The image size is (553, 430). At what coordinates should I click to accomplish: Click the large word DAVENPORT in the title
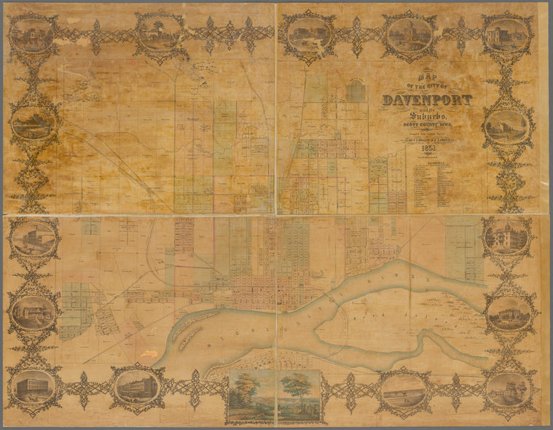click(x=427, y=100)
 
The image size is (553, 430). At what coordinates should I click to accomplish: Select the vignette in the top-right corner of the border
click(x=506, y=34)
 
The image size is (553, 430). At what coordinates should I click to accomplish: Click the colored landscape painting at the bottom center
click(x=274, y=396)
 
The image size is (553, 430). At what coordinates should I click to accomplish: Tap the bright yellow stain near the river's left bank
click(x=149, y=353)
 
